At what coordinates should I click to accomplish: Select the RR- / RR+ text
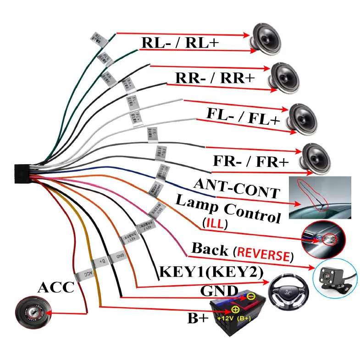coord(215,77)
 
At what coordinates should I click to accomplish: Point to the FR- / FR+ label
coord(251,161)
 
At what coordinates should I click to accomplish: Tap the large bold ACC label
coord(55,288)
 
